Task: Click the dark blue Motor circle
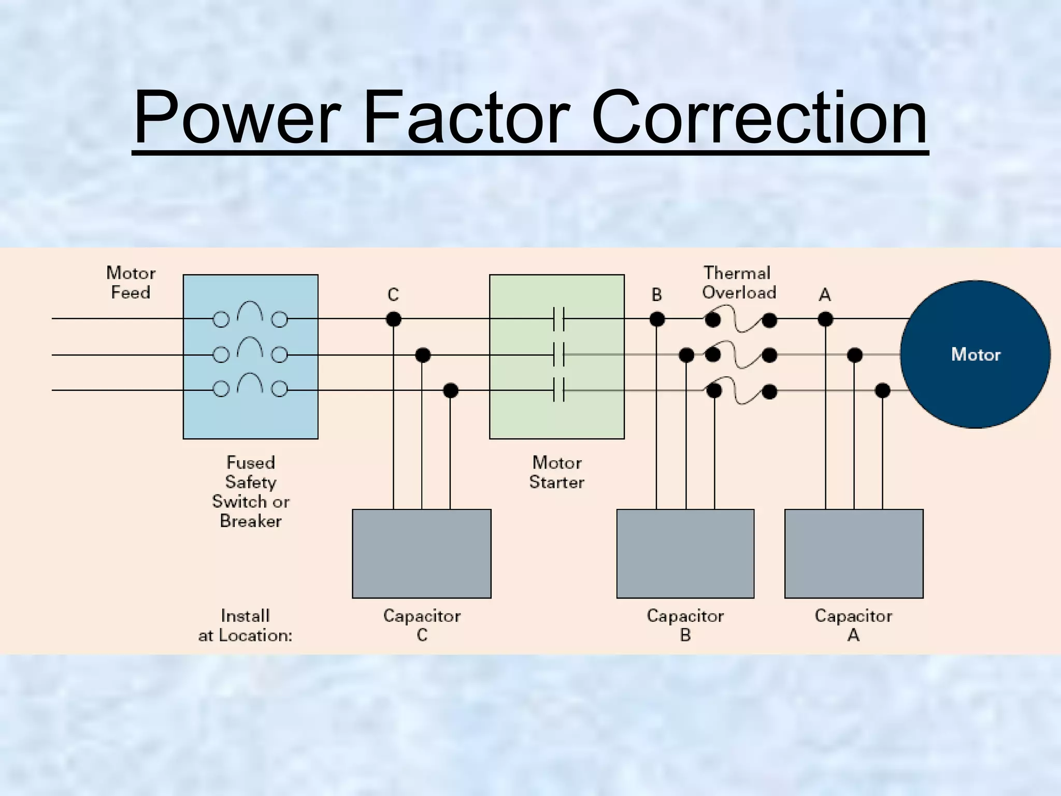[975, 354]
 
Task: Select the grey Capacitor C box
[421, 553]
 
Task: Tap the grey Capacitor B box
[685, 553]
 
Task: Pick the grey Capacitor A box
[853, 553]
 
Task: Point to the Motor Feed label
[131, 282]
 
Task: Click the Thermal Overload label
[738, 282]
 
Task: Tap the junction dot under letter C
[393, 319]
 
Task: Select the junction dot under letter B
[656, 319]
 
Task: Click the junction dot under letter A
[825, 319]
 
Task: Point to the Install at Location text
[245, 626]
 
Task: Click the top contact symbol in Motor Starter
[558, 319]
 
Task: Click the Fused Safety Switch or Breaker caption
[250, 491]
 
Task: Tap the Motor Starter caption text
[556, 472]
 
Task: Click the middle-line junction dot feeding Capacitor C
[423, 355]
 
